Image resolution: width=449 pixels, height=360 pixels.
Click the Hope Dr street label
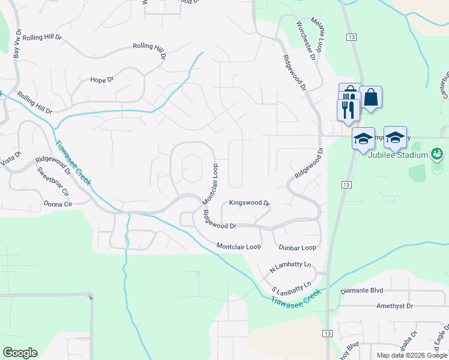tap(101, 80)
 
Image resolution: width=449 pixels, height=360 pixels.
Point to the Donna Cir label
tap(58, 204)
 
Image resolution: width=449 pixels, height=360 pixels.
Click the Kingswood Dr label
tap(250, 203)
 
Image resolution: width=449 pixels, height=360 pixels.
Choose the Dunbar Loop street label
tap(297, 247)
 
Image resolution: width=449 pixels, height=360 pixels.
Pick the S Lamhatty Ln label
tap(292, 286)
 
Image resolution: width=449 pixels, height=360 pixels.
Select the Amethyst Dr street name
tap(395, 305)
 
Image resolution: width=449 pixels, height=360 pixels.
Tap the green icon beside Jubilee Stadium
tap(437, 155)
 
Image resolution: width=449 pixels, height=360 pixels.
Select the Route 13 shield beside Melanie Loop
tap(351, 37)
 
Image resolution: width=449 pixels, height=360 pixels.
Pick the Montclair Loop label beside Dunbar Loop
tap(238, 246)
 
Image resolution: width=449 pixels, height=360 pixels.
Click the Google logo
tap(20, 352)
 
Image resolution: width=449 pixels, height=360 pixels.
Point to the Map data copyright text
tap(411, 355)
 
